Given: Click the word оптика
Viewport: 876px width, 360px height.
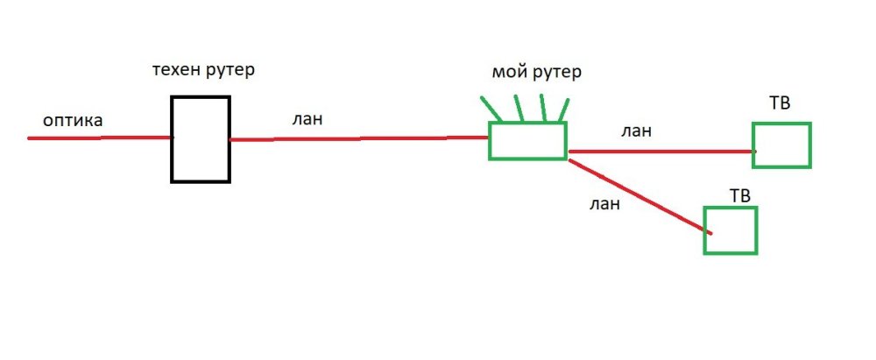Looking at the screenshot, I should click(x=73, y=121).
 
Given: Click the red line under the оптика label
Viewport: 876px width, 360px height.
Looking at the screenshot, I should click(x=96, y=138).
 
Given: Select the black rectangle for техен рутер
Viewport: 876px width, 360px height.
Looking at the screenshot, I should click(x=200, y=139).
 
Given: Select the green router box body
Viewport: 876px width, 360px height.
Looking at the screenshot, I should click(x=527, y=141).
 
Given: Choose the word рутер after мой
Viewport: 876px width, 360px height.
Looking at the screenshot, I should click(x=555, y=73).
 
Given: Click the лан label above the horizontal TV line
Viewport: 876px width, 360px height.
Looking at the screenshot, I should click(x=636, y=131).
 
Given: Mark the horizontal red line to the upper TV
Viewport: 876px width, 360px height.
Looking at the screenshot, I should click(x=661, y=152).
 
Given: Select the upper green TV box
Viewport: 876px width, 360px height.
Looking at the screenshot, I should click(x=781, y=145).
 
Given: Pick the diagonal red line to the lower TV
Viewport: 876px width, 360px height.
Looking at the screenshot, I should click(x=639, y=194).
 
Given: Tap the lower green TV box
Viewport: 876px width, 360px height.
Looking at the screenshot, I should click(x=731, y=230).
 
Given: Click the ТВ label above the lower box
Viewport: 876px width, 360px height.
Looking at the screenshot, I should click(x=740, y=193).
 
